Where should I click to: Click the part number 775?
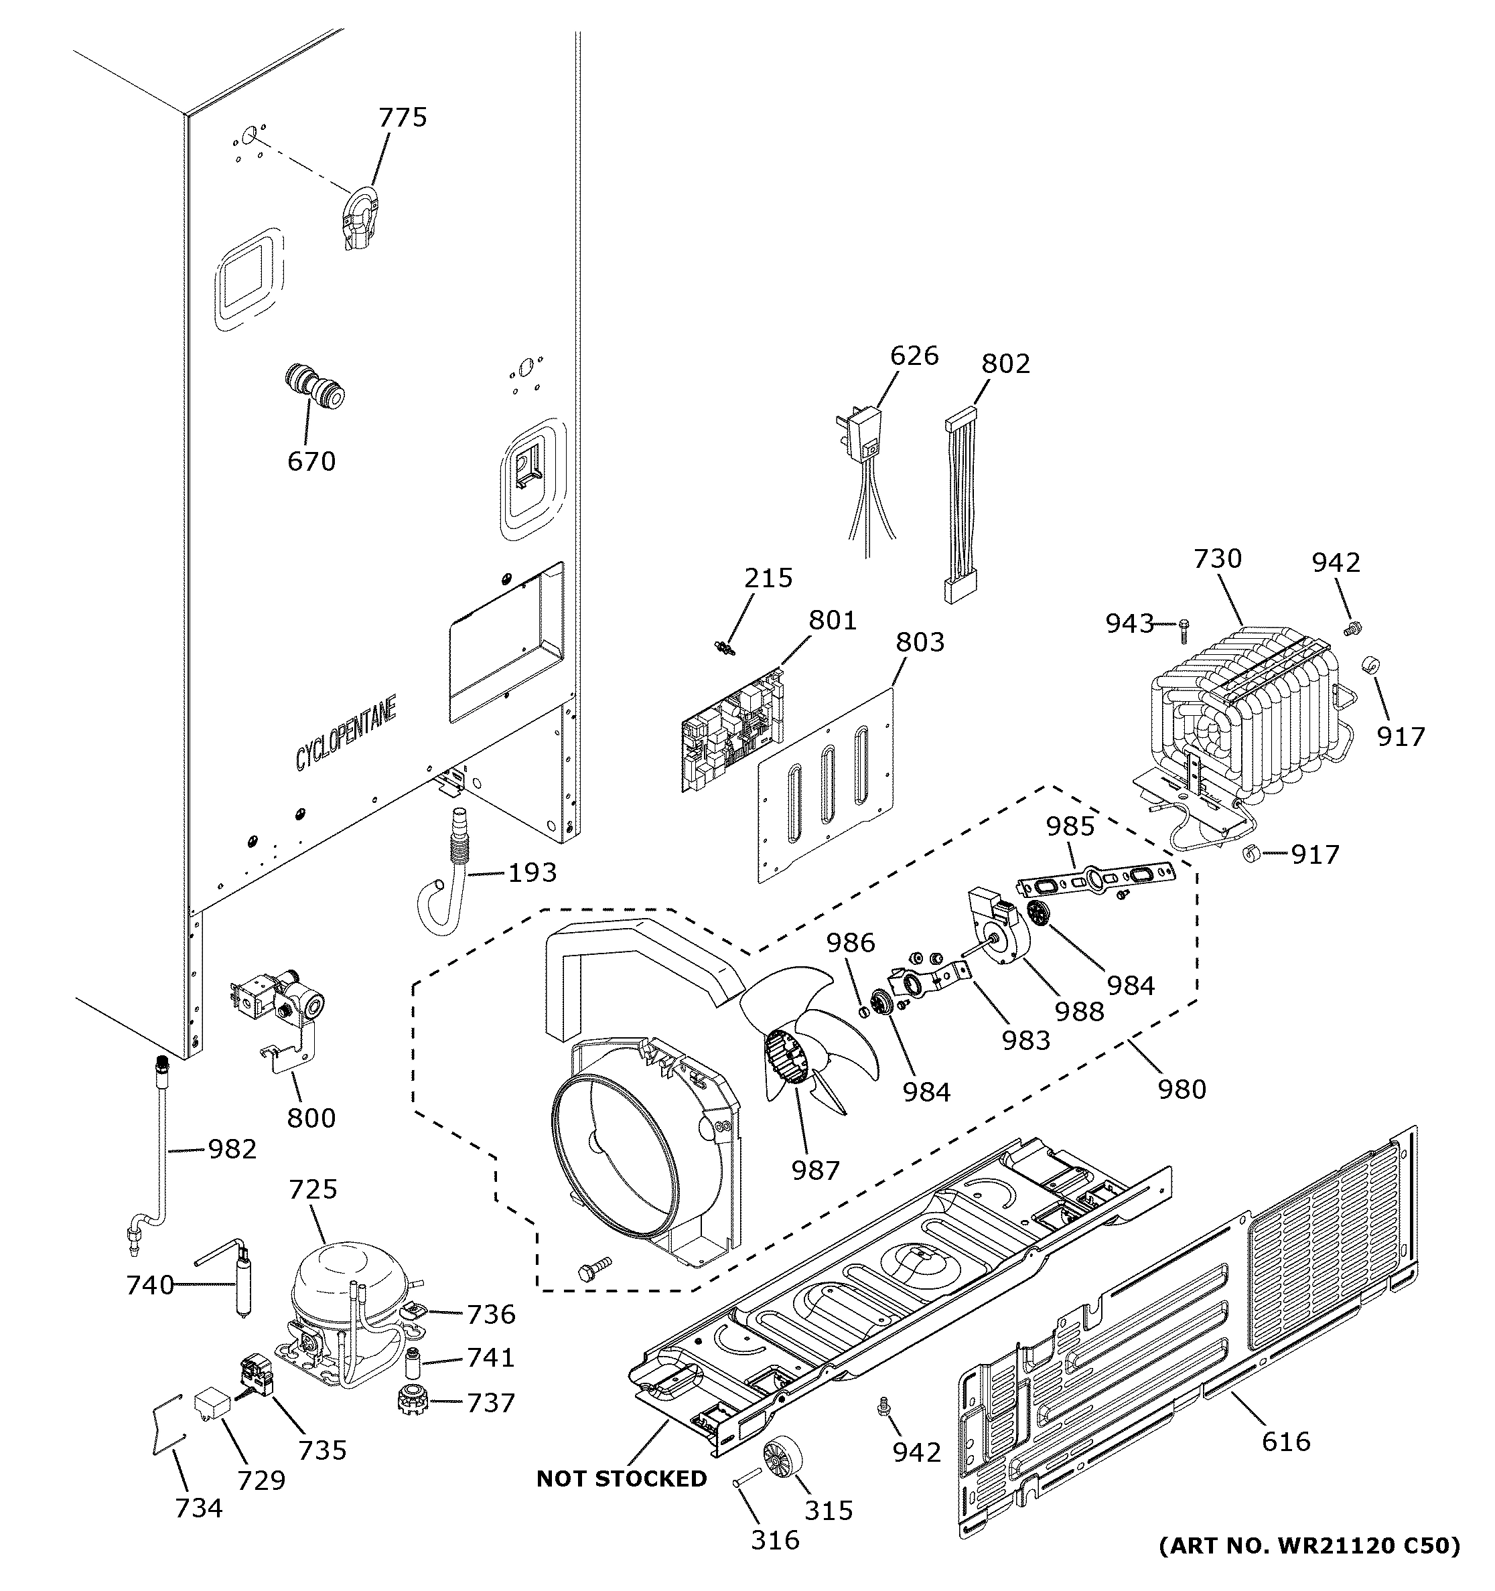click(403, 118)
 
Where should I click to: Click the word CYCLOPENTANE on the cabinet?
click(346, 734)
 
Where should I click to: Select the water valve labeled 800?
click(284, 1008)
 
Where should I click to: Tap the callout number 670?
click(311, 462)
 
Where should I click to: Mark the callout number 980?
click(1182, 1089)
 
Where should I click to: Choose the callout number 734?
click(198, 1508)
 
